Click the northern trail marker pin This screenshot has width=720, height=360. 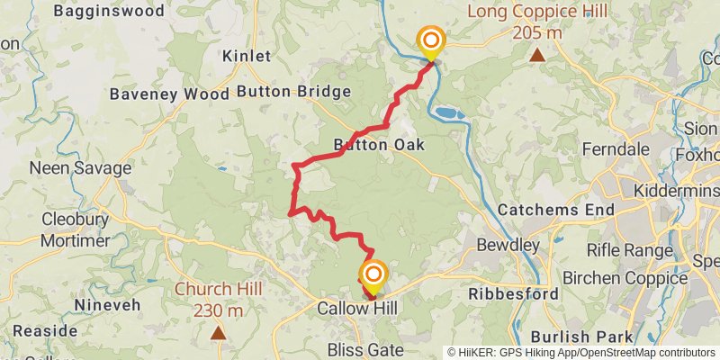431,41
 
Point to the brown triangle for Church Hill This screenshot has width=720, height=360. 218,333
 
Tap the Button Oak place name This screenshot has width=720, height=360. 378,145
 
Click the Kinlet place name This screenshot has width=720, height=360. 247,56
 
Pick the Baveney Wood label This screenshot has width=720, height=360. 169,94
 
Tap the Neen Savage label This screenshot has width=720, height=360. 80,168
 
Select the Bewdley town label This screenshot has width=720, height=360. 508,245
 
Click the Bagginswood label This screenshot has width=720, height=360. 109,12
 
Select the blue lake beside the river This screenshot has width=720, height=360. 447,113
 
